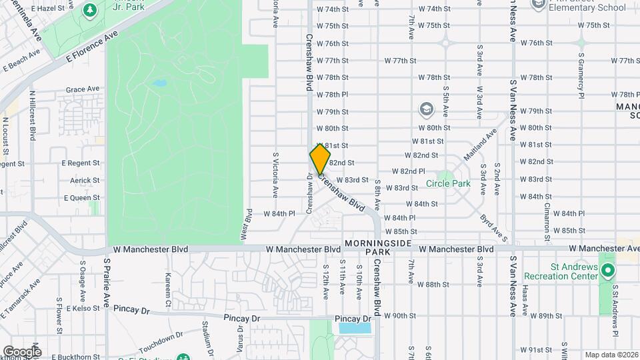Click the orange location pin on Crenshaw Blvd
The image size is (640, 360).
point(320,159)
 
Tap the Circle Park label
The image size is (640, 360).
point(448,183)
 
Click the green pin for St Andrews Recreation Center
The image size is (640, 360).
point(607,271)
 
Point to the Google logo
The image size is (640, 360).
point(21,351)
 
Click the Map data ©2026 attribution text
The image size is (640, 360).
point(611,355)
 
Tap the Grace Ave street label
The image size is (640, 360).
point(82,89)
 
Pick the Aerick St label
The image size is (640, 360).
point(84,181)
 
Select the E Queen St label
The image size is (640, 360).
point(81,198)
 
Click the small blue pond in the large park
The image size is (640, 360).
point(159,84)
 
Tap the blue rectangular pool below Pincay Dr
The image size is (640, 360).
point(354,328)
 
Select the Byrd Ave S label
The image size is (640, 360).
point(494,227)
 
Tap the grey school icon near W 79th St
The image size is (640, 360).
point(425,109)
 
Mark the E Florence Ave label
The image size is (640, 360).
point(93,47)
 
